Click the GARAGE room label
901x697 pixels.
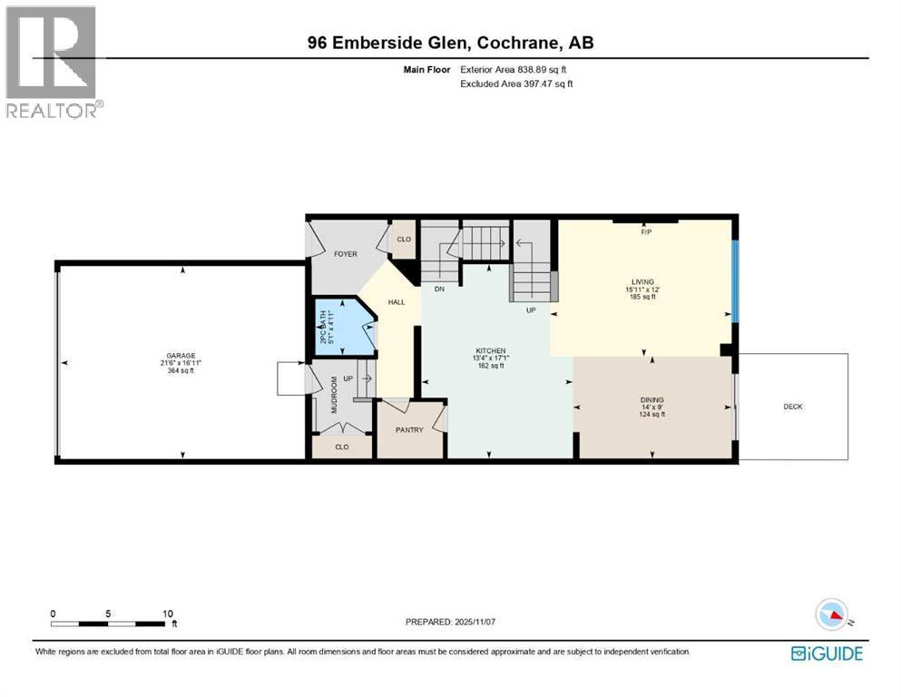pos(181,356)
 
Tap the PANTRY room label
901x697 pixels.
pos(409,430)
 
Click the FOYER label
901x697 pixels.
pos(345,256)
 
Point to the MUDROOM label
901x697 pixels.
pos(333,395)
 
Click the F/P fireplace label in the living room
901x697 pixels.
pos(646,232)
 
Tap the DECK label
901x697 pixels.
pos(792,407)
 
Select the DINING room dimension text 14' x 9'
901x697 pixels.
pos(651,407)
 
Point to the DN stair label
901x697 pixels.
pos(439,290)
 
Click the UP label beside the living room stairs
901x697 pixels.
pos(532,309)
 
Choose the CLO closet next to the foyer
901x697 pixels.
pos(404,241)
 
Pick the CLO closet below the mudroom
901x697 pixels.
pos(341,447)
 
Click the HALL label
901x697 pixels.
pos(397,302)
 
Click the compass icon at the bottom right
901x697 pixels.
pos(832,616)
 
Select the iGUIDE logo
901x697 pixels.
pos(827,653)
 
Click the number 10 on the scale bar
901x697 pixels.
pos(168,614)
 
